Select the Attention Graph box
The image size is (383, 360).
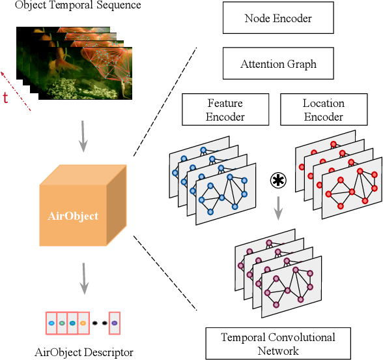coord(278,65)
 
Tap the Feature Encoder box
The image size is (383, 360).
coord(225,110)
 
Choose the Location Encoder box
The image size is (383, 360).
coord(323,110)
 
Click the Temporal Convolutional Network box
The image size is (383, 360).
coord(278,344)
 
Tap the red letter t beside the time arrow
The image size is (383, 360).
coord(6,98)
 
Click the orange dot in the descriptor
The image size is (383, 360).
coord(83,322)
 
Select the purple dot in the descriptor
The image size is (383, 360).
coord(115,322)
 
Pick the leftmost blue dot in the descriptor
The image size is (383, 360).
coord(51,322)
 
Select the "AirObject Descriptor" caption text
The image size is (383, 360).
coord(83,352)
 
